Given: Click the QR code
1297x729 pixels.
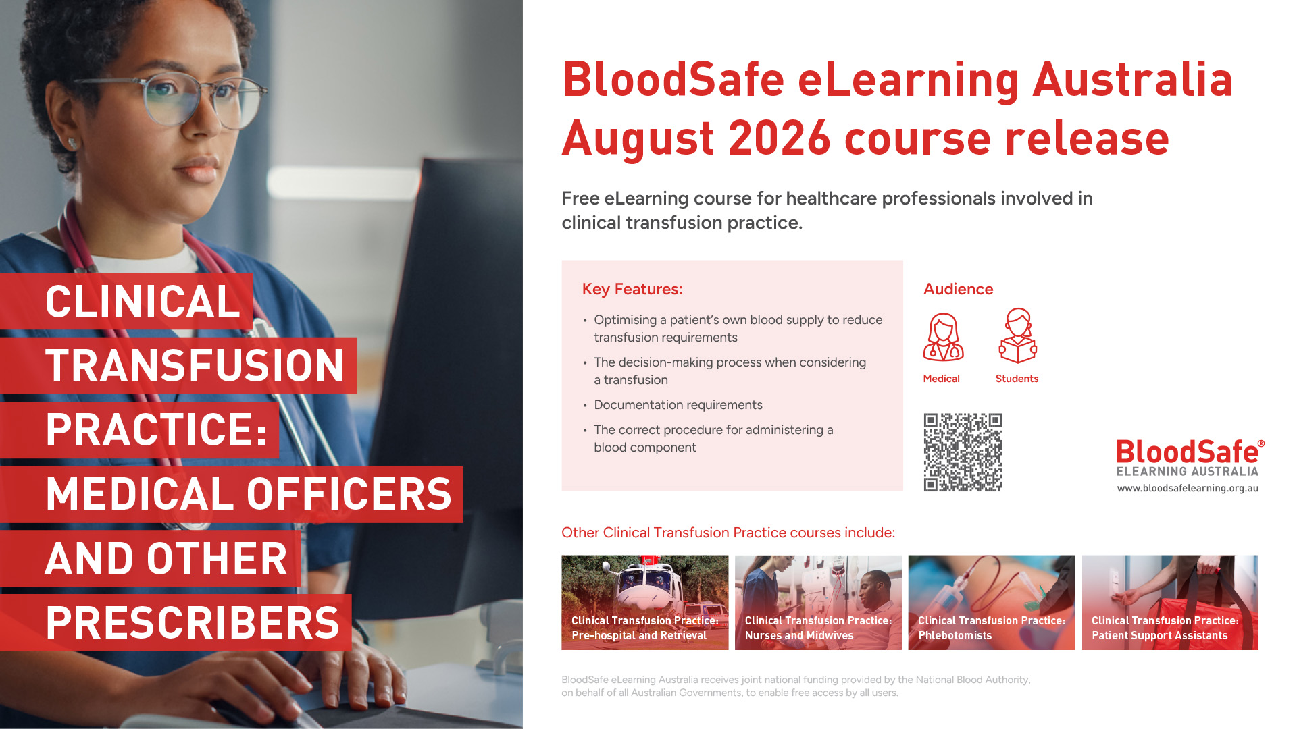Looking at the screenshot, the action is pyautogui.click(x=963, y=452).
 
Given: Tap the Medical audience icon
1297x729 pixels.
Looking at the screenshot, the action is pyautogui.click(x=943, y=337).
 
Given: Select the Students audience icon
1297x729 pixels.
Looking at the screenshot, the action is pyautogui.click(x=1017, y=335).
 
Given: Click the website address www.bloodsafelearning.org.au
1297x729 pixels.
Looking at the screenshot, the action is pyautogui.click(x=1188, y=489).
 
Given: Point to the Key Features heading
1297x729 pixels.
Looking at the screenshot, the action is pyautogui.click(x=632, y=289).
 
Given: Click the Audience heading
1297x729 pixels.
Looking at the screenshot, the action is pyautogui.click(x=958, y=289).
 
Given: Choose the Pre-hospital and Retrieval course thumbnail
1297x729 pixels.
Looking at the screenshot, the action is pyautogui.click(x=645, y=603).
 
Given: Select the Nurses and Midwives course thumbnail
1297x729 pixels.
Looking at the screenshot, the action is pyautogui.click(x=818, y=603).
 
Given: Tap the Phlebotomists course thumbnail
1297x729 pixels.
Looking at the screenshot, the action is pyautogui.click(x=992, y=603).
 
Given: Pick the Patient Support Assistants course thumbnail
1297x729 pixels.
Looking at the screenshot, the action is pyautogui.click(x=1170, y=603).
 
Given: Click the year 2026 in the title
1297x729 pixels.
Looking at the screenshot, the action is pyautogui.click(x=779, y=138).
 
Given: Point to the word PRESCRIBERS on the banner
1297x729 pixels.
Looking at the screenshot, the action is pyautogui.click(x=193, y=622).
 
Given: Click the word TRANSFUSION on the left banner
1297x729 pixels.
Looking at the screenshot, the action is pyautogui.click(x=195, y=365).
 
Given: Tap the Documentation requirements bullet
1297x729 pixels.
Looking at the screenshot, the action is pyautogui.click(x=678, y=405).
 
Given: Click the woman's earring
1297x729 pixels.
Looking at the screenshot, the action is pyautogui.click(x=72, y=143).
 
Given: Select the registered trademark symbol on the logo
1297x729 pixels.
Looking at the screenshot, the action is pyautogui.click(x=1261, y=443).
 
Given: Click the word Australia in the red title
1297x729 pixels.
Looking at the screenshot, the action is pyautogui.click(x=1133, y=80).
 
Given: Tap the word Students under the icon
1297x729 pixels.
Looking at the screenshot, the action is pyautogui.click(x=1017, y=379).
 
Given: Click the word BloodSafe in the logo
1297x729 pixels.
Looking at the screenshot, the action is pyautogui.click(x=1187, y=452).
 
